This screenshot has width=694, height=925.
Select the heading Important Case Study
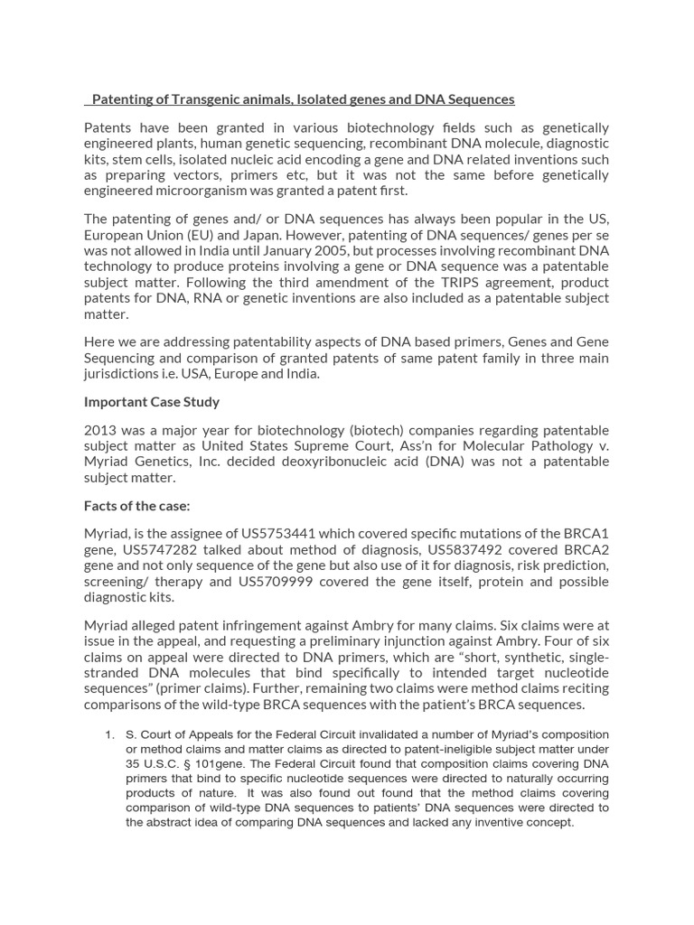[x=152, y=401]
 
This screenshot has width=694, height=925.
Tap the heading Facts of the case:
[x=136, y=506]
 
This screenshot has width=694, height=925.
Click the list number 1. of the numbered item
[x=111, y=734]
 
